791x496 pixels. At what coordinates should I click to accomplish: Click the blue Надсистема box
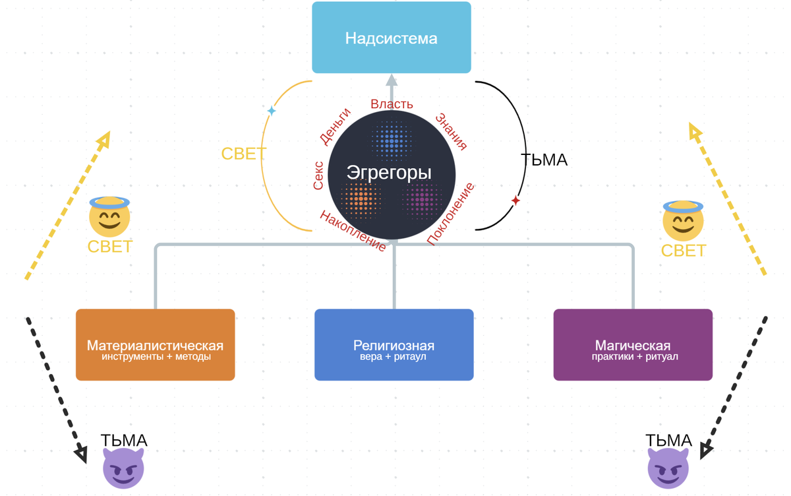[392, 38]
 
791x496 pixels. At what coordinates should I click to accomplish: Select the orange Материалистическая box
[155, 345]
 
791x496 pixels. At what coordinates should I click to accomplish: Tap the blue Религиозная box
[394, 345]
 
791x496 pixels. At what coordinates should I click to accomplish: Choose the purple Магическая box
[633, 345]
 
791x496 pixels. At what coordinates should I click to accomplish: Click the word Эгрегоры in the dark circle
[389, 173]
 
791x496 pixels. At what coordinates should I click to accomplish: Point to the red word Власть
[392, 104]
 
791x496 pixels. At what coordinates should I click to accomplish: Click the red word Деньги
[335, 126]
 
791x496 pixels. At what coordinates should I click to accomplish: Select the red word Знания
[452, 131]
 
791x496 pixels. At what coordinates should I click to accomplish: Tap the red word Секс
[318, 175]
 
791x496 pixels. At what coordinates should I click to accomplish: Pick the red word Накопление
[353, 231]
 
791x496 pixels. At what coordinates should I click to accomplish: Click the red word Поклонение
[450, 215]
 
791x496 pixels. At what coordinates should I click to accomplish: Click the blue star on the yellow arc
[271, 111]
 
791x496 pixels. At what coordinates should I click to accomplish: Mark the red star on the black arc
[515, 201]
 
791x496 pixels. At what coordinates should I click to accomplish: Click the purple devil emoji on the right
[668, 468]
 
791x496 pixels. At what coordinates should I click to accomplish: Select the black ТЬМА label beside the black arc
[544, 160]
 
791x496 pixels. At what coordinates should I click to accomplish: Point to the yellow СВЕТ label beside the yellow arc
[243, 154]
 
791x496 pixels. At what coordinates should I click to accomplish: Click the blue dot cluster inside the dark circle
[392, 140]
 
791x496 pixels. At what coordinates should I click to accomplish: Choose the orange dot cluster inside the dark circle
[361, 197]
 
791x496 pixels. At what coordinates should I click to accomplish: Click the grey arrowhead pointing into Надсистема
[392, 81]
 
